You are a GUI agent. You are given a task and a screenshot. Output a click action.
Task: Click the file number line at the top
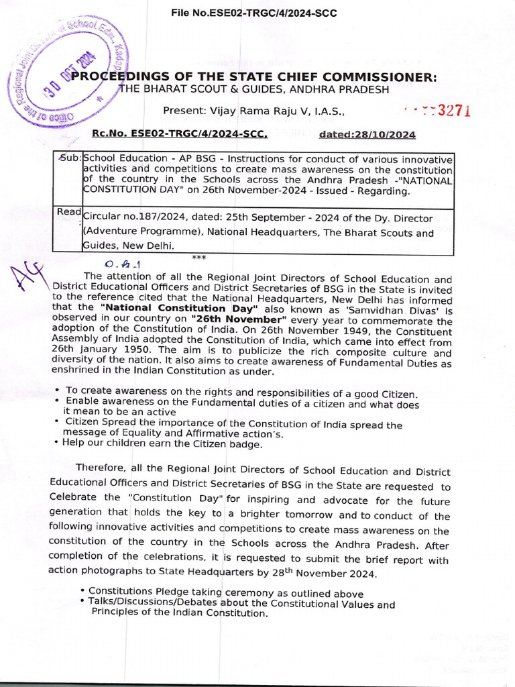(253, 13)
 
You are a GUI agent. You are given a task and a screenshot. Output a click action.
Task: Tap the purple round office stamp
(67, 75)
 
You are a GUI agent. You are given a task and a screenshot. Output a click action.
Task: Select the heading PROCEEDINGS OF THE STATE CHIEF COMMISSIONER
(255, 77)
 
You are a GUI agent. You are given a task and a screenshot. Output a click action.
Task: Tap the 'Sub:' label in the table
(69, 158)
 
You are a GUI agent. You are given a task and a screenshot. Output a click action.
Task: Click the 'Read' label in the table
(68, 212)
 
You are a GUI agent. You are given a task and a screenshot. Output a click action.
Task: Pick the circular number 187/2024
(146, 219)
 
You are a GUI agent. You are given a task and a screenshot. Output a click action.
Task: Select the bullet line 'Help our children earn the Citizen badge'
(162, 443)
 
